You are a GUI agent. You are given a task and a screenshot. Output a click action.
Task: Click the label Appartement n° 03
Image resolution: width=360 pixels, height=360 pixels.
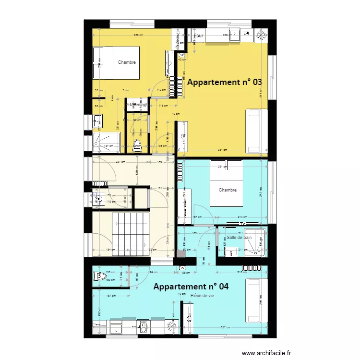[x=225, y=82]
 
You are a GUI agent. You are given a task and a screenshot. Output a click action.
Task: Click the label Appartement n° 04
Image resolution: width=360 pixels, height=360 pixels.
[x=191, y=287]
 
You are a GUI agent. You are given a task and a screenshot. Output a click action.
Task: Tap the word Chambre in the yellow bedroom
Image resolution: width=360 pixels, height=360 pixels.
[x=127, y=62]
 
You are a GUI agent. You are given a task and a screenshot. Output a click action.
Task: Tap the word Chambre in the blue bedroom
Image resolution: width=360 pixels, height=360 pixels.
[x=228, y=190]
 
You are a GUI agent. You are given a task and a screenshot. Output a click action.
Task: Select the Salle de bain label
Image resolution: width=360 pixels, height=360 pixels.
[x=239, y=237]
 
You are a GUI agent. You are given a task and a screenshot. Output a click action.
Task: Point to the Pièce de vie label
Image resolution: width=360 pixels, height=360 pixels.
[x=202, y=296]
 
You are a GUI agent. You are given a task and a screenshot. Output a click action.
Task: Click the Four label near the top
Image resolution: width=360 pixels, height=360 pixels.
[x=199, y=35]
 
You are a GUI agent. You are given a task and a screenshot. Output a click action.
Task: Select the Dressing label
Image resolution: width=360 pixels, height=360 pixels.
[x=137, y=105]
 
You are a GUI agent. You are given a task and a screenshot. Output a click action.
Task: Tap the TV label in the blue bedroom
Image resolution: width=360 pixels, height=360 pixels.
[x=243, y=224]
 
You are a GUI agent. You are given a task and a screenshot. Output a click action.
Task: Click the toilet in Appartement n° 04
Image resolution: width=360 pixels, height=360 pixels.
[x=100, y=276]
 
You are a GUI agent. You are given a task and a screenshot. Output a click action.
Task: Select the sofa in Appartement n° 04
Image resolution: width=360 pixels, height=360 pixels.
[x=256, y=300]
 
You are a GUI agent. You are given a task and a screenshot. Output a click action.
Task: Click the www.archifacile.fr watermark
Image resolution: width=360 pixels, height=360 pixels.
[x=267, y=353]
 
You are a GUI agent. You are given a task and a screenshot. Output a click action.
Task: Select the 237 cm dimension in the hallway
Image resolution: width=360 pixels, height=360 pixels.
[x=113, y=161]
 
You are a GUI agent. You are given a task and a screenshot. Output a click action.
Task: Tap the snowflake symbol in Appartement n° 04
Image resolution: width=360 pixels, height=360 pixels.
[x=171, y=327]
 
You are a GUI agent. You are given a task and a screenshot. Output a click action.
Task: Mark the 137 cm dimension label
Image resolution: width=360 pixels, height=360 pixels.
[x=109, y=146]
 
